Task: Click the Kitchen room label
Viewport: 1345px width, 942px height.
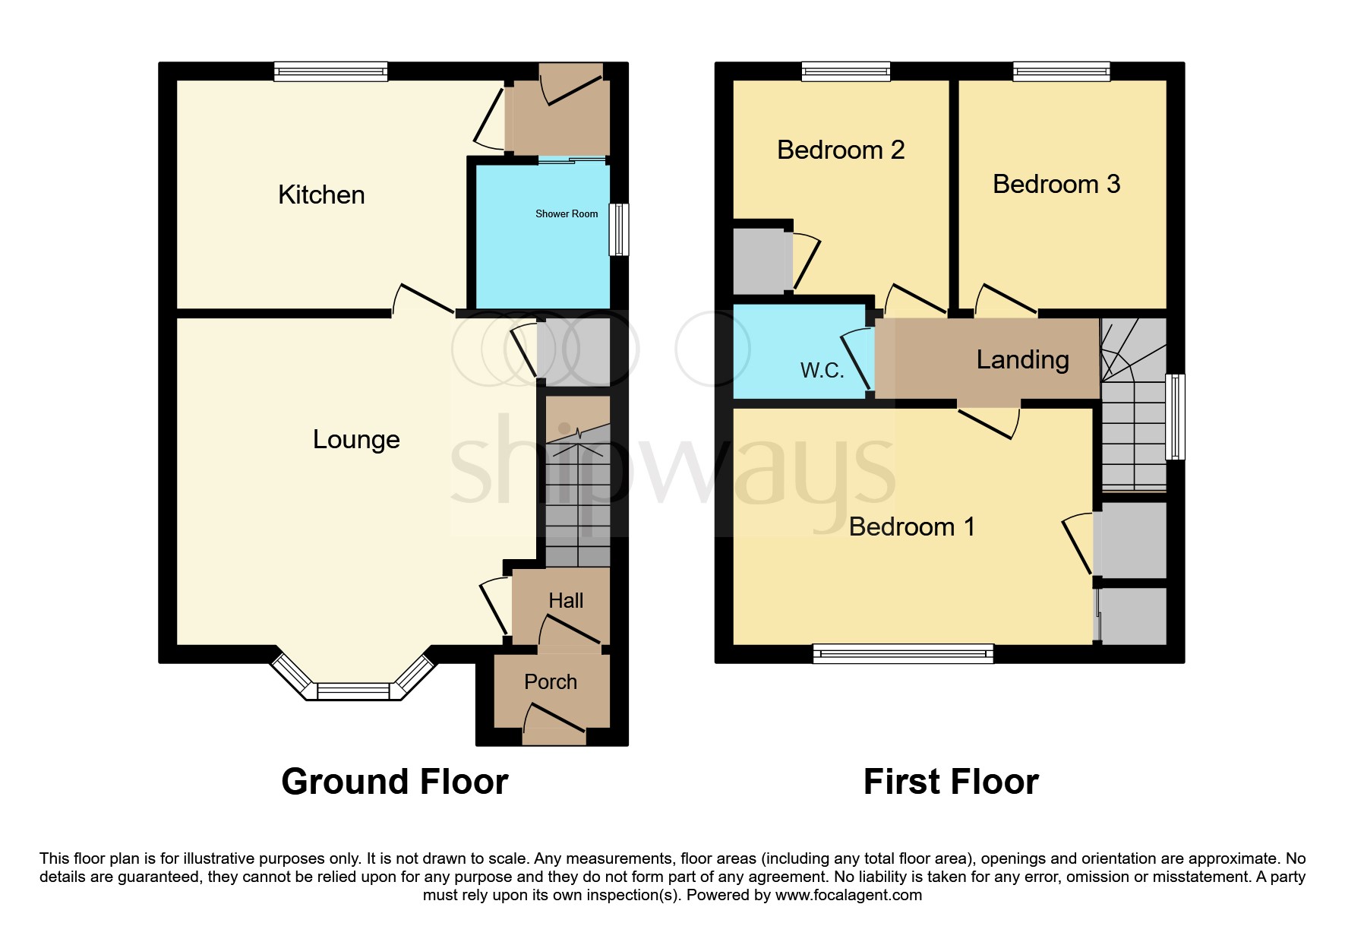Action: tap(321, 195)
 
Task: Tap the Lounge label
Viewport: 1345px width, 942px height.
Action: tap(356, 440)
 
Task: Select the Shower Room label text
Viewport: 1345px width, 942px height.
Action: tap(567, 214)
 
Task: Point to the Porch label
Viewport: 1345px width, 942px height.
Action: tap(551, 682)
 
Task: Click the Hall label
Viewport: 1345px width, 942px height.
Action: tap(566, 601)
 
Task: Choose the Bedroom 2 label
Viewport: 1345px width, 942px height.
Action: tap(841, 150)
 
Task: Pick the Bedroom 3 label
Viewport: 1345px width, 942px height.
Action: tap(1056, 185)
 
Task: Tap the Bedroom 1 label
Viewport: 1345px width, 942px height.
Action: tap(911, 527)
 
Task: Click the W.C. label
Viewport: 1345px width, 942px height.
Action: tap(822, 371)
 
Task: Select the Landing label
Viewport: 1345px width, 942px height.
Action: tap(1022, 360)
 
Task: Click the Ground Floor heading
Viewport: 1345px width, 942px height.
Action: tap(394, 782)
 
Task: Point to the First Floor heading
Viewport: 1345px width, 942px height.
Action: tap(951, 782)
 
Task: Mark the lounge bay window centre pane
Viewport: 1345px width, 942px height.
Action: tap(353, 691)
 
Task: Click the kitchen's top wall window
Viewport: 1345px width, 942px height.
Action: tap(331, 72)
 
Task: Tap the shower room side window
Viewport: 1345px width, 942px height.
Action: tap(619, 229)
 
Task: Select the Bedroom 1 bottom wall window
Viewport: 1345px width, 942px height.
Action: tap(903, 653)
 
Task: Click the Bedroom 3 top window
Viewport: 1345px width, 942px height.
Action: tap(1061, 72)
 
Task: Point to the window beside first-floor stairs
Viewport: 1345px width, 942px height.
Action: tap(1175, 416)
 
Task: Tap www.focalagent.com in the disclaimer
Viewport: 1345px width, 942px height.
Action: tap(848, 895)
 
